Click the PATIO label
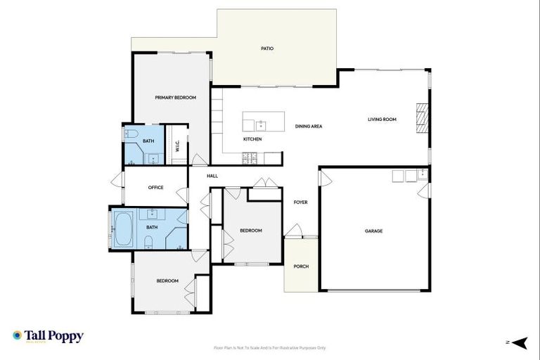click(x=266, y=49)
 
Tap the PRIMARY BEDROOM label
click(x=175, y=97)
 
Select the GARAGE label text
click(x=373, y=231)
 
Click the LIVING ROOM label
click(x=382, y=120)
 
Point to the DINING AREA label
click(x=309, y=126)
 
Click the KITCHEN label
click(x=252, y=139)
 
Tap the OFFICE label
click(x=155, y=188)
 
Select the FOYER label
click(x=300, y=202)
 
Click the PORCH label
click(x=300, y=266)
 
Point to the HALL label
click(x=212, y=176)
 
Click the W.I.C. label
click(x=177, y=146)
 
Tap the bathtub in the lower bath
click(x=122, y=229)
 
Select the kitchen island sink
click(x=260, y=124)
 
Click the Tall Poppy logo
click(x=48, y=336)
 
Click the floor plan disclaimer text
click(x=269, y=347)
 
